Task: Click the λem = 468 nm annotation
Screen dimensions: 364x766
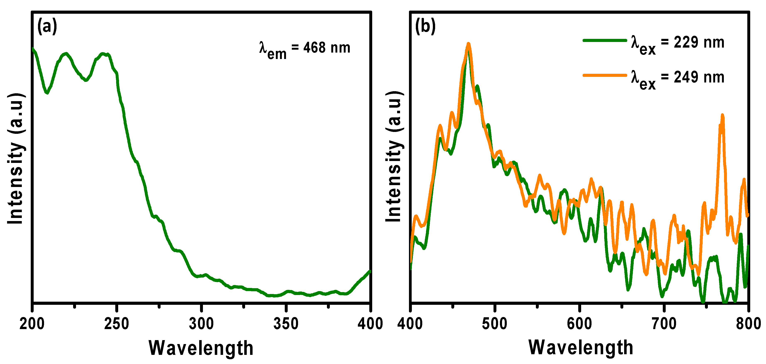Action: (x=304, y=49)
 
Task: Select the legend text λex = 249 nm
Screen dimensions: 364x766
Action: (x=678, y=79)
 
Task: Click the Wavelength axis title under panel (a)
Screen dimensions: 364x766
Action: (x=201, y=348)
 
